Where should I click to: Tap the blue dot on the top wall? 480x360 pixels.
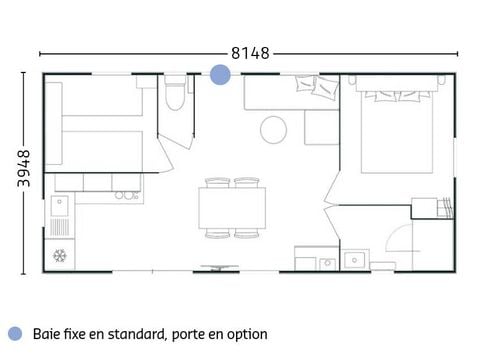[x=220, y=74]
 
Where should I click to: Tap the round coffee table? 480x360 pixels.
[x=274, y=129]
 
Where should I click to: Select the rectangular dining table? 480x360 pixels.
[x=232, y=208]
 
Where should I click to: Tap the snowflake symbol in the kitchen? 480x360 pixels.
[x=59, y=255]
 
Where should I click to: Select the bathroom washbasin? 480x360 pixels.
[x=355, y=260]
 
